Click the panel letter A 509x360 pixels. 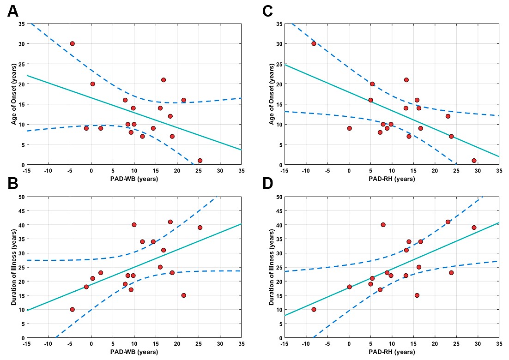pyautogui.click(x=14, y=11)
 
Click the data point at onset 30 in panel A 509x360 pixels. pyautogui.click(x=72, y=43)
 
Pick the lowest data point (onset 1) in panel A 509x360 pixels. pyautogui.click(x=200, y=161)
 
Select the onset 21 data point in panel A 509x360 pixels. pyautogui.click(x=164, y=80)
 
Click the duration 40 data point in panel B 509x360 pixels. pyautogui.click(x=134, y=225)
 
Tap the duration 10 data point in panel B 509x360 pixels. pyautogui.click(x=72, y=309)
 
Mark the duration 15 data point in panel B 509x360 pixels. pyautogui.click(x=183, y=295)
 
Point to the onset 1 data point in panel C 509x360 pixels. pyautogui.click(x=474, y=161)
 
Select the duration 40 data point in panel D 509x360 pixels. pyautogui.click(x=383, y=225)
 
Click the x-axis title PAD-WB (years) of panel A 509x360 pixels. pyautogui.click(x=134, y=179)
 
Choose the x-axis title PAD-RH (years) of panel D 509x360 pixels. pyautogui.click(x=392, y=352)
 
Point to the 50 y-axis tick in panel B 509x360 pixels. pyautogui.click(x=21, y=197)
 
